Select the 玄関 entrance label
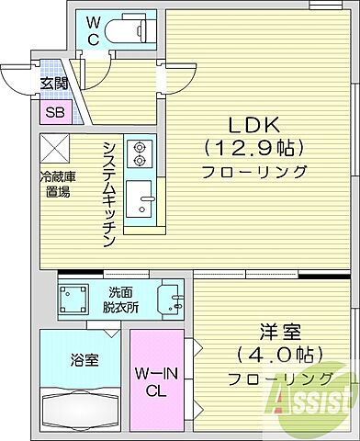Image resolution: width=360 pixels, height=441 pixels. tap(52, 81)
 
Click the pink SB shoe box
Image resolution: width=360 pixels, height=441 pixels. tap(53, 114)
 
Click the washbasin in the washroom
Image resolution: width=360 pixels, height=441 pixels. tap(170, 300)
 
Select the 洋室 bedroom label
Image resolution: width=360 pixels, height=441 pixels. tap(275, 333)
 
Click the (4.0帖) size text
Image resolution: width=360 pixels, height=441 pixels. tap(274, 356)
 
